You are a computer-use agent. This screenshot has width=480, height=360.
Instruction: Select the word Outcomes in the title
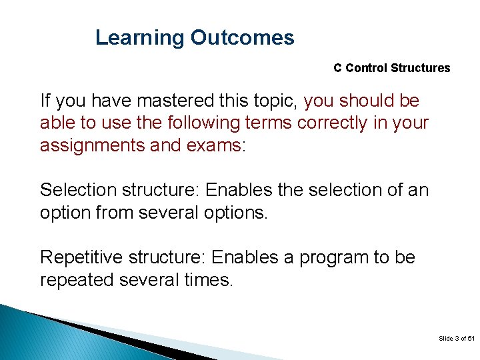pyautogui.click(x=242, y=38)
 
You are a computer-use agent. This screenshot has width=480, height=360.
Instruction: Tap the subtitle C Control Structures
pyautogui.click(x=391, y=68)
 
